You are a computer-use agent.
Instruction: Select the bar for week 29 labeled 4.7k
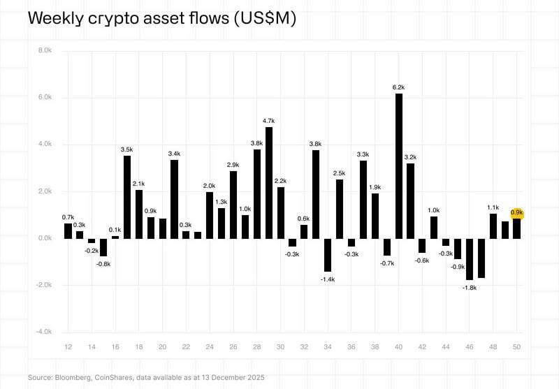coord(269,182)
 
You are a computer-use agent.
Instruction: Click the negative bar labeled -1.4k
coord(328,255)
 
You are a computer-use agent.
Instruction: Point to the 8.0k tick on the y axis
coord(45,50)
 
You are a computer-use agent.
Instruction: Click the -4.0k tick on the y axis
coord(45,332)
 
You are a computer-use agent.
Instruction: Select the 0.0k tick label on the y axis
coord(45,238)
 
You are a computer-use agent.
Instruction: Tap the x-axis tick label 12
coord(68,347)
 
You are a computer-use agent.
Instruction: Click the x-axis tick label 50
coord(517,347)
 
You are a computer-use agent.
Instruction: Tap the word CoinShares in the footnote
coord(118,377)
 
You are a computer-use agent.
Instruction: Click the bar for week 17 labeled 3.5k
coord(127,197)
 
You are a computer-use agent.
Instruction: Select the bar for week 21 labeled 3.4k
coord(175,199)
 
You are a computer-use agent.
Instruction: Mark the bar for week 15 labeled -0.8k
coord(103,247)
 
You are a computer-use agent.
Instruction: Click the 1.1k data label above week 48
coord(493,207)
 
